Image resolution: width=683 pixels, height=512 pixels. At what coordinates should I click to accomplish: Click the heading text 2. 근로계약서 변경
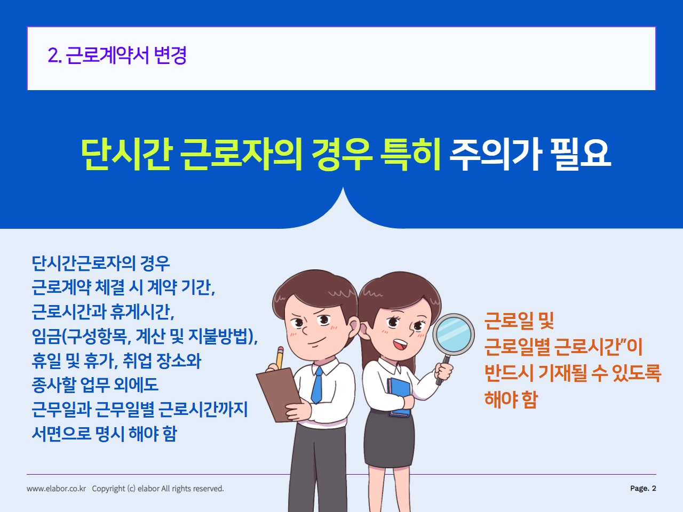(x=117, y=55)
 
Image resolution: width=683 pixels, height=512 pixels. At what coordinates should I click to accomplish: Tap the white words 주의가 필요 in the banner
(x=530, y=155)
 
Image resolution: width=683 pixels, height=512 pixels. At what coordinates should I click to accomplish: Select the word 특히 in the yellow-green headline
(x=410, y=155)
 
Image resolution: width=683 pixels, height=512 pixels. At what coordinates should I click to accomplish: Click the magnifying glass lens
(x=454, y=334)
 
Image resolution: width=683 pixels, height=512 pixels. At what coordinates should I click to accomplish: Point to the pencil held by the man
(x=280, y=358)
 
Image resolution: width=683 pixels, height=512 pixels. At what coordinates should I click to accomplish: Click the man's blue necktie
(x=317, y=385)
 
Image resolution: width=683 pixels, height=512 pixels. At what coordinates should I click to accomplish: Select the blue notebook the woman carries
(x=400, y=397)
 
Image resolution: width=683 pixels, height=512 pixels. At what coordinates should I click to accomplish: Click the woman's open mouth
(x=400, y=344)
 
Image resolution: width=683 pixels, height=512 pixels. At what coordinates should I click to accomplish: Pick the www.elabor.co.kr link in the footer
(x=57, y=489)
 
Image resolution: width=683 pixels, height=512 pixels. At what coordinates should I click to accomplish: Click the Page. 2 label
(x=643, y=489)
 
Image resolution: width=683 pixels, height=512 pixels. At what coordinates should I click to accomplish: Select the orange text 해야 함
(x=511, y=399)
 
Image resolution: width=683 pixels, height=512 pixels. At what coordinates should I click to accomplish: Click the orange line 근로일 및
(x=519, y=321)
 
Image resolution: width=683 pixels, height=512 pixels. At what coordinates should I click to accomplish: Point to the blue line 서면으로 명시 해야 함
(x=104, y=434)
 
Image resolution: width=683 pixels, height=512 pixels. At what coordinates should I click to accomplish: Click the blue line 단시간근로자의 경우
(x=101, y=263)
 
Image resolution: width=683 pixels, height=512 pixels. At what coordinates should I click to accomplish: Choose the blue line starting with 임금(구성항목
(x=145, y=336)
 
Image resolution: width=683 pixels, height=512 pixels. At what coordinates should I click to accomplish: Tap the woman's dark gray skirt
(x=389, y=439)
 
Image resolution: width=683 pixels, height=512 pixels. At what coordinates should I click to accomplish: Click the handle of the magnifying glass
(x=443, y=370)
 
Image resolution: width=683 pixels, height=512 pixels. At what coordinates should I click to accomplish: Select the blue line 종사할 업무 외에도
(x=95, y=385)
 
